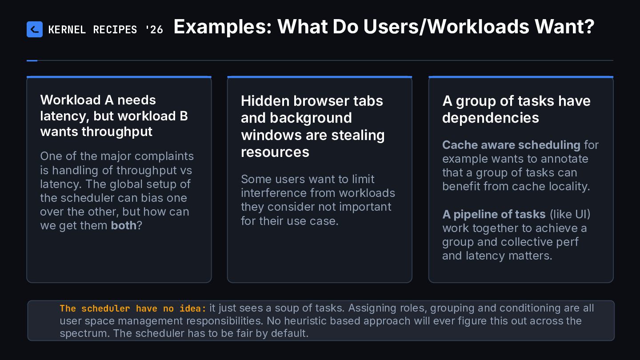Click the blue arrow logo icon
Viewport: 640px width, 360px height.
coord(35,29)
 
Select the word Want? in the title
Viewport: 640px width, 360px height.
coord(564,27)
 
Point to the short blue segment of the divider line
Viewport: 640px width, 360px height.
coord(32,60)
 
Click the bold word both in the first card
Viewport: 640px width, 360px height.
coord(124,225)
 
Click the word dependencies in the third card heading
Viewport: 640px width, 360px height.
coord(491,118)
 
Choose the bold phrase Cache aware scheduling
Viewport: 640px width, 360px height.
coord(511,145)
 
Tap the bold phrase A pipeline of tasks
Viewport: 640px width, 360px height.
coord(494,214)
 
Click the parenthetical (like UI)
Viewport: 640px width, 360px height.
coord(570,214)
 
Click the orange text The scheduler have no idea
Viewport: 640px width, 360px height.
coord(133,308)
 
